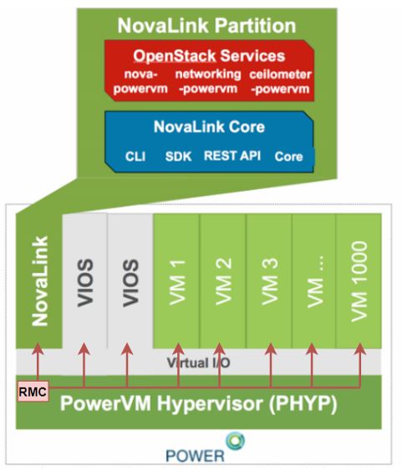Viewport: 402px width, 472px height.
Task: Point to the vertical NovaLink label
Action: [36, 280]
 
